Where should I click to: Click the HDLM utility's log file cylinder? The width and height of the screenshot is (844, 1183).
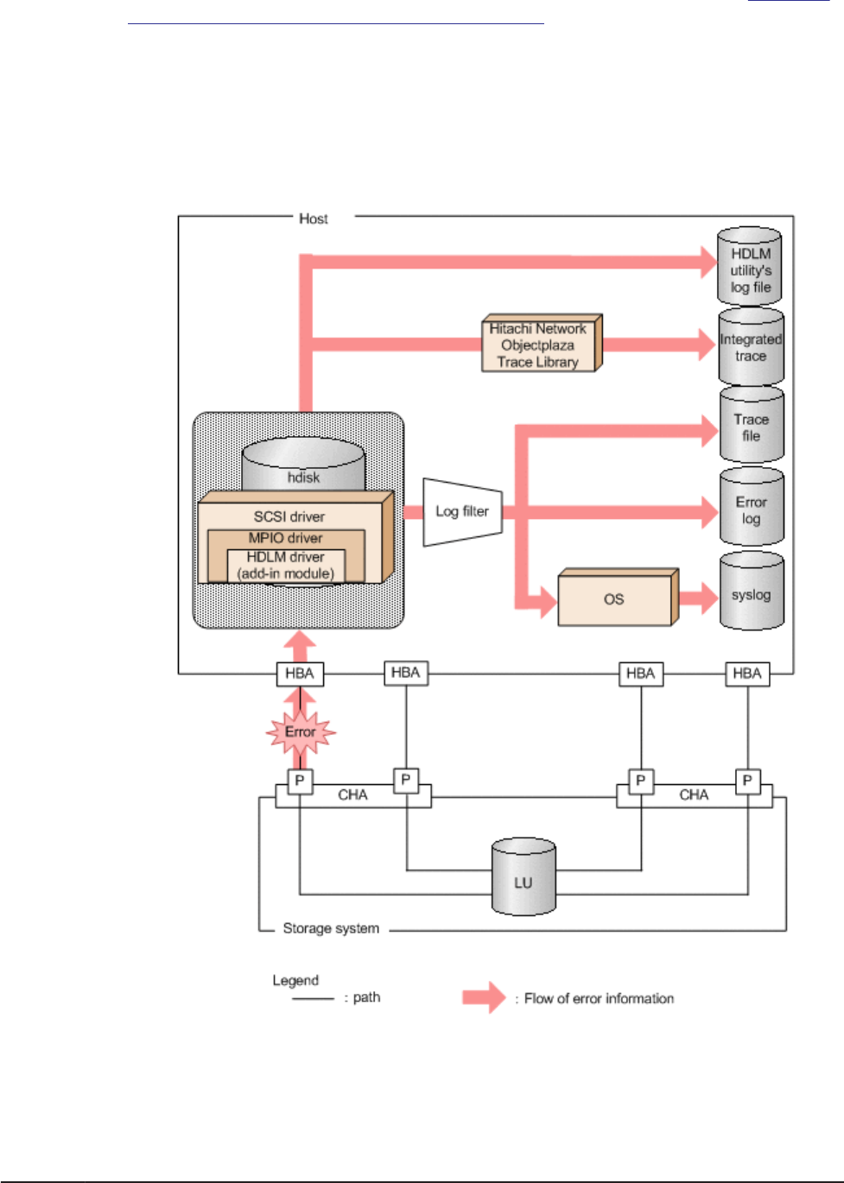tap(750, 267)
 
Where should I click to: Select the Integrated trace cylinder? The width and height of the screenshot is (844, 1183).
tap(751, 347)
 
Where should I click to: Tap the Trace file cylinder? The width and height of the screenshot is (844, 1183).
tap(752, 426)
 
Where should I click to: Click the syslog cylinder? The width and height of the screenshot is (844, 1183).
tap(751, 593)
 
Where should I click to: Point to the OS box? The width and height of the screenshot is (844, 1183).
tap(614, 598)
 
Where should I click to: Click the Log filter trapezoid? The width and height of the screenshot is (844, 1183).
tap(462, 511)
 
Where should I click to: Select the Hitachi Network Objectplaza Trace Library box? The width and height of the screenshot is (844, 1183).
tap(538, 345)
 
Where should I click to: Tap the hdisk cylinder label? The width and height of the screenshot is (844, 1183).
tap(303, 477)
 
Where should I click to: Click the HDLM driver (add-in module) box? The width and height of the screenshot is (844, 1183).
tap(286, 566)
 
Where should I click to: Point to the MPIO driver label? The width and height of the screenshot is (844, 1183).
tap(286, 537)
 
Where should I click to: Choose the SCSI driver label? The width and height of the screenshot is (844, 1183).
tap(289, 516)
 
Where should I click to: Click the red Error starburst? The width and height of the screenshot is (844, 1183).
tap(300, 732)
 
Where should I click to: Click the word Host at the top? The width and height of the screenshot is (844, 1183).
tap(313, 218)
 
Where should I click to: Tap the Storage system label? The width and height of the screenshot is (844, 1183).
tap(331, 928)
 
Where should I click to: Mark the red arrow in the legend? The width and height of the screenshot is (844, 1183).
tap(483, 997)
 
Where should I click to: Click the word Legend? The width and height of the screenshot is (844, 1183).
tap(295, 980)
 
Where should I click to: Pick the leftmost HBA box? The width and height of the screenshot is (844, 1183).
tap(300, 674)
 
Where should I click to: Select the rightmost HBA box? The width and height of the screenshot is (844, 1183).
tap(747, 674)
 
